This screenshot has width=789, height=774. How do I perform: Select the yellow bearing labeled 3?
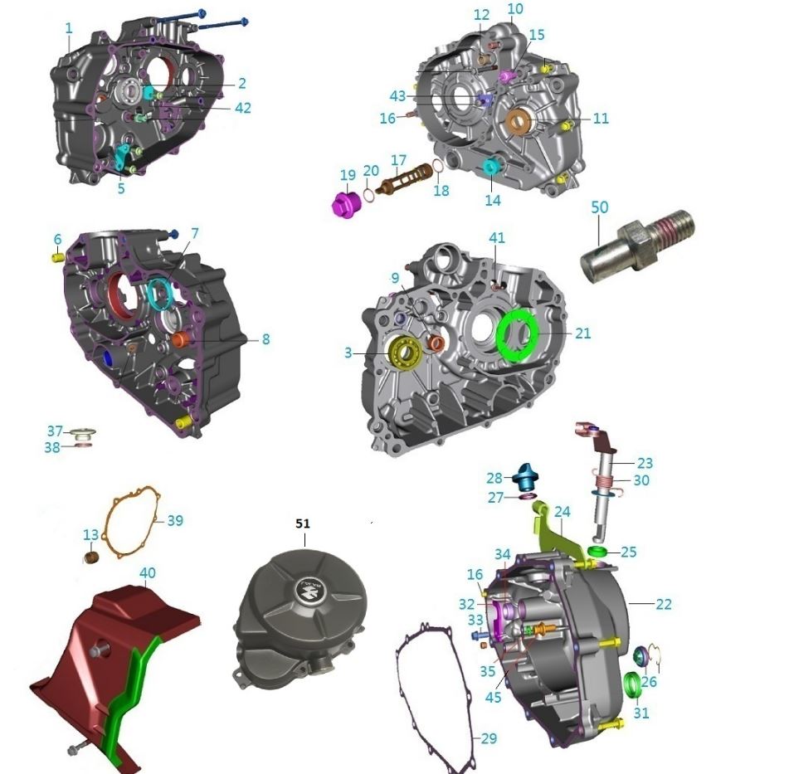404,354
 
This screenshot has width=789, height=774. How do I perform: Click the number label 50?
600,207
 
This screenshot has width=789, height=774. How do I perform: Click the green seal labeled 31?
633,686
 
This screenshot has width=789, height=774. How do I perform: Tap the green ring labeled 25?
599,552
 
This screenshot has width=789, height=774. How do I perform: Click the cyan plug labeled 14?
492,168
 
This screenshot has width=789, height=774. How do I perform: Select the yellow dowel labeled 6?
59,258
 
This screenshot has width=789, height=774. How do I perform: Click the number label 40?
147,572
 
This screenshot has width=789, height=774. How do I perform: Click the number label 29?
489,737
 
